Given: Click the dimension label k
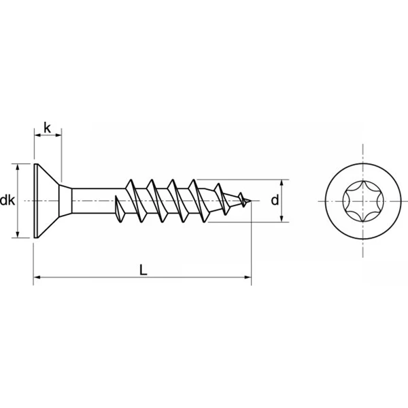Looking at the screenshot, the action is tap(47, 128).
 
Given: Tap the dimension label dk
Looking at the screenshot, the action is tap(7, 201).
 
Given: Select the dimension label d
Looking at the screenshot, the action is tap(275, 201).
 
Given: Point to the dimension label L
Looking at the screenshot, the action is tap(143, 270).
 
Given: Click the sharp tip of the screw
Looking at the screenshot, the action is tap(251, 201).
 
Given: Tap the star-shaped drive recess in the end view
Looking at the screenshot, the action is tap(362, 201).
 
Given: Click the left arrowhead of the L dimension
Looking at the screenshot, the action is tap(37, 277).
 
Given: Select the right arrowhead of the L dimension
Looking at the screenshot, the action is tap(248, 277).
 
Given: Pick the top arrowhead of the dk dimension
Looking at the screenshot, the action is tap(18, 167).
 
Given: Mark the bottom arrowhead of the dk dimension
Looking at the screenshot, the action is tap(18, 235).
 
